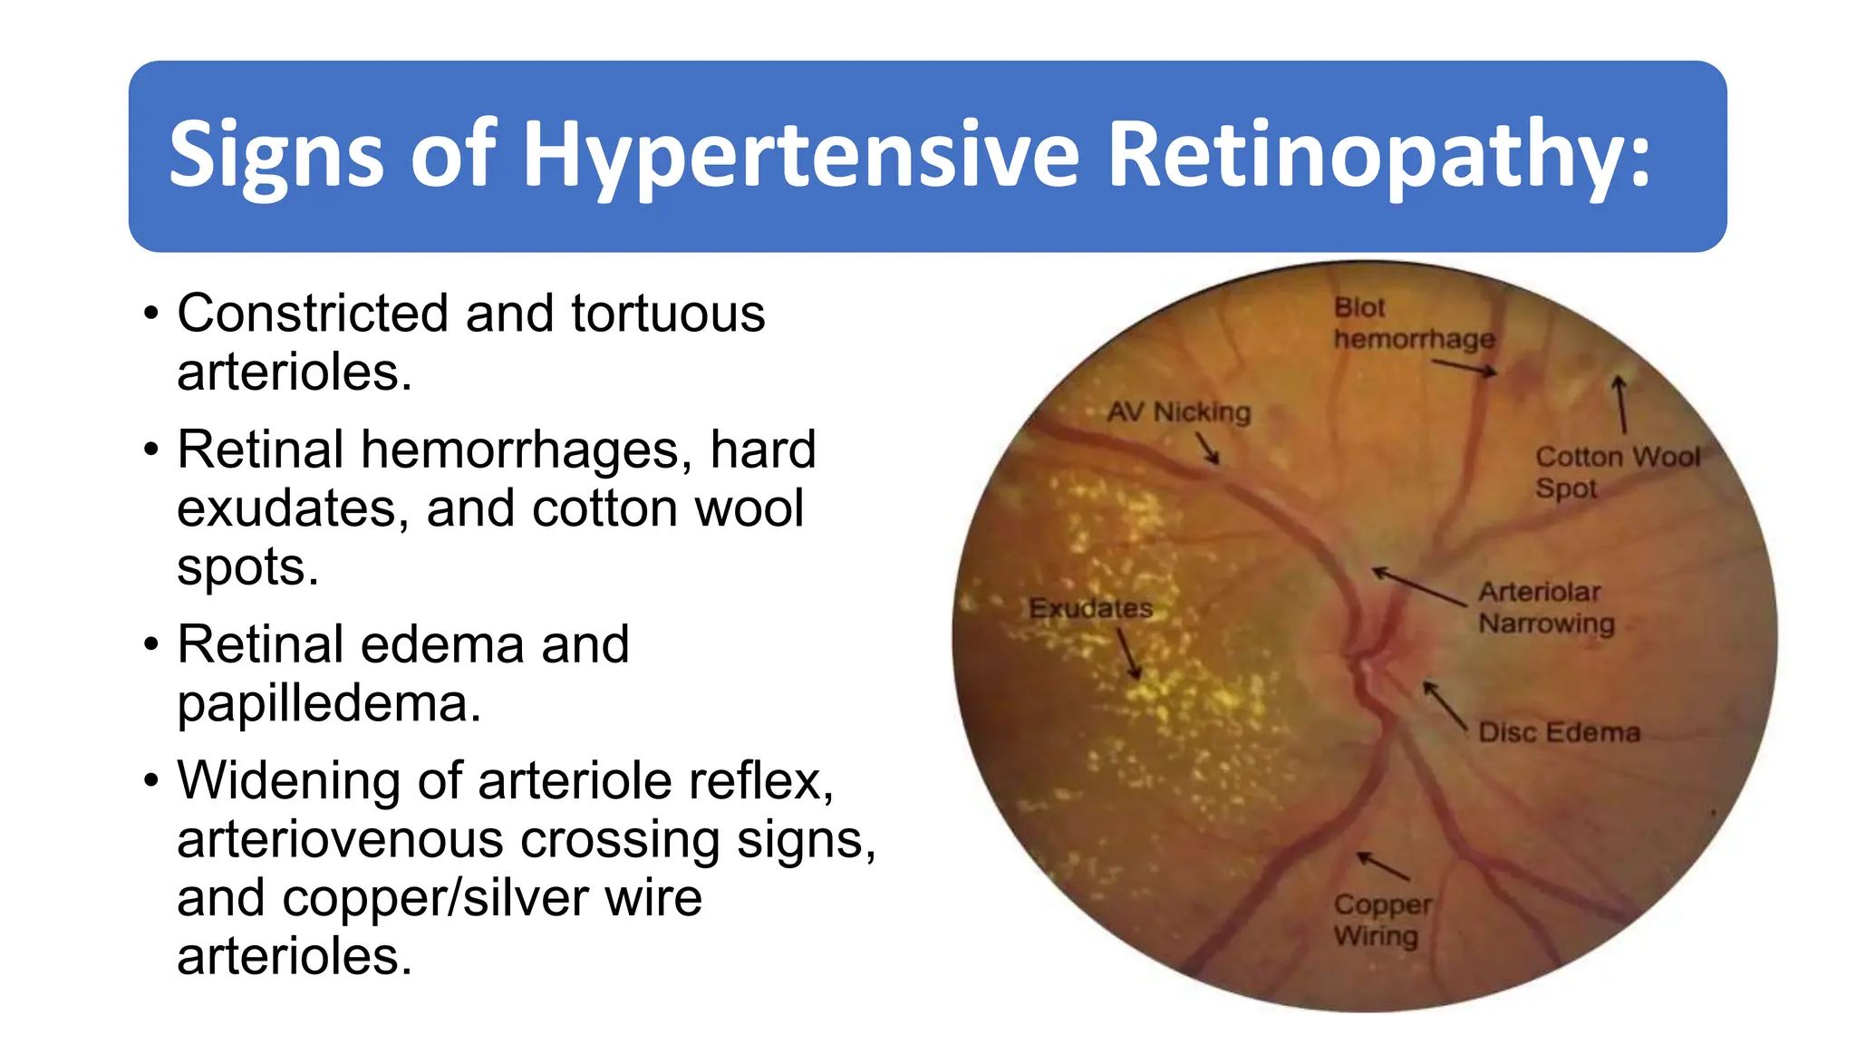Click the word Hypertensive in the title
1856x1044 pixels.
click(801, 156)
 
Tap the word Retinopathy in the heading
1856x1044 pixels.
click(1378, 156)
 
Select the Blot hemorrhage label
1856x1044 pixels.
click(1413, 324)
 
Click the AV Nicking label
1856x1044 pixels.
click(1178, 412)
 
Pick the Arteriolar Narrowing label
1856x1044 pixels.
click(1545, 607)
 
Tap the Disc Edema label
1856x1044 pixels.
click(1559, 732)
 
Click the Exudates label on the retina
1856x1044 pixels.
click(1090, 608)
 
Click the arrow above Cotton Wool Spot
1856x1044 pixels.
click(1620, 404)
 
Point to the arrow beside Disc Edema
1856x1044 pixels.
click(1445, 704)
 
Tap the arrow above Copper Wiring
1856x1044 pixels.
click(1383, 866)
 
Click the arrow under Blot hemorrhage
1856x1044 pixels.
click(1464, 367)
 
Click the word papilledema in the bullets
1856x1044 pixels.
click(328, 704)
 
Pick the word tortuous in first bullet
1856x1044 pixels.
click(668, 314)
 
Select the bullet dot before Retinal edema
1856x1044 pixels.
click(151, 644)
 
